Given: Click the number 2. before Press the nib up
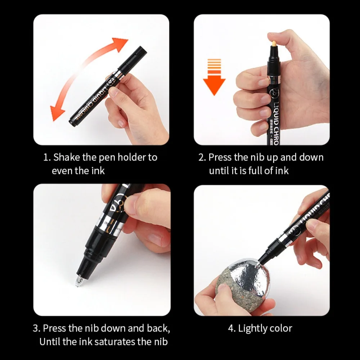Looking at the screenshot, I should (202, 157).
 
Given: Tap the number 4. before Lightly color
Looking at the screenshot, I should (231, 328).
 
